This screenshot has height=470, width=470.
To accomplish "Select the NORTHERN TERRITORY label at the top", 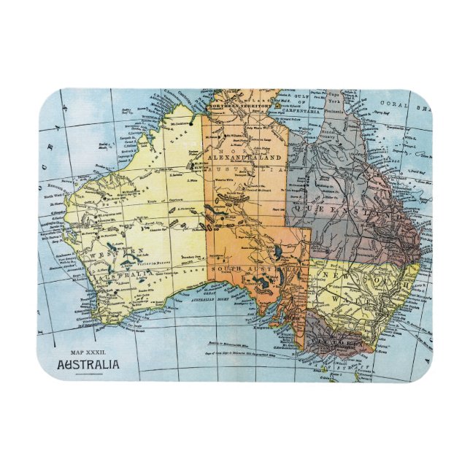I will tap(240, 106).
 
